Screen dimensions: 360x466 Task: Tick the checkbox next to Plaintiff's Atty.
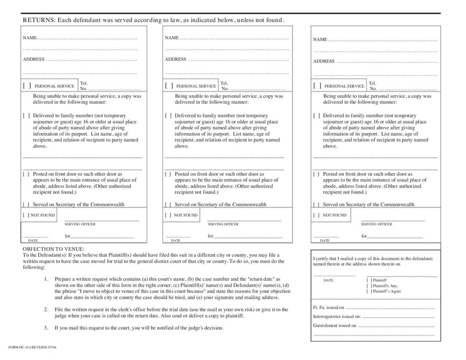pos(369,285)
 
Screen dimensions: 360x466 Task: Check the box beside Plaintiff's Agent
pos(369,291)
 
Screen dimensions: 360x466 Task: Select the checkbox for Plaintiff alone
pos(369,280)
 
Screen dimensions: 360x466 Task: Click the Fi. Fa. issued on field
pos(390,307)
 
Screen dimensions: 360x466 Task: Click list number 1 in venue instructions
pos(46,279)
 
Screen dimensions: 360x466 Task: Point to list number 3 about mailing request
pos(46,328)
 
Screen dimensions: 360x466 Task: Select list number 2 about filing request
pos(46,309)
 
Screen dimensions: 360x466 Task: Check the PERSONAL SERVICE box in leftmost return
pos(27,86)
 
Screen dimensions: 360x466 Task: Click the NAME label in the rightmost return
pos(320,40)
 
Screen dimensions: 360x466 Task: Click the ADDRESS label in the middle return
pos(175,59)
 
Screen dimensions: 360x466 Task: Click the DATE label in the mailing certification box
pos(328,280)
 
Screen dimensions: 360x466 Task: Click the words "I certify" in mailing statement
pos(323,258)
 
